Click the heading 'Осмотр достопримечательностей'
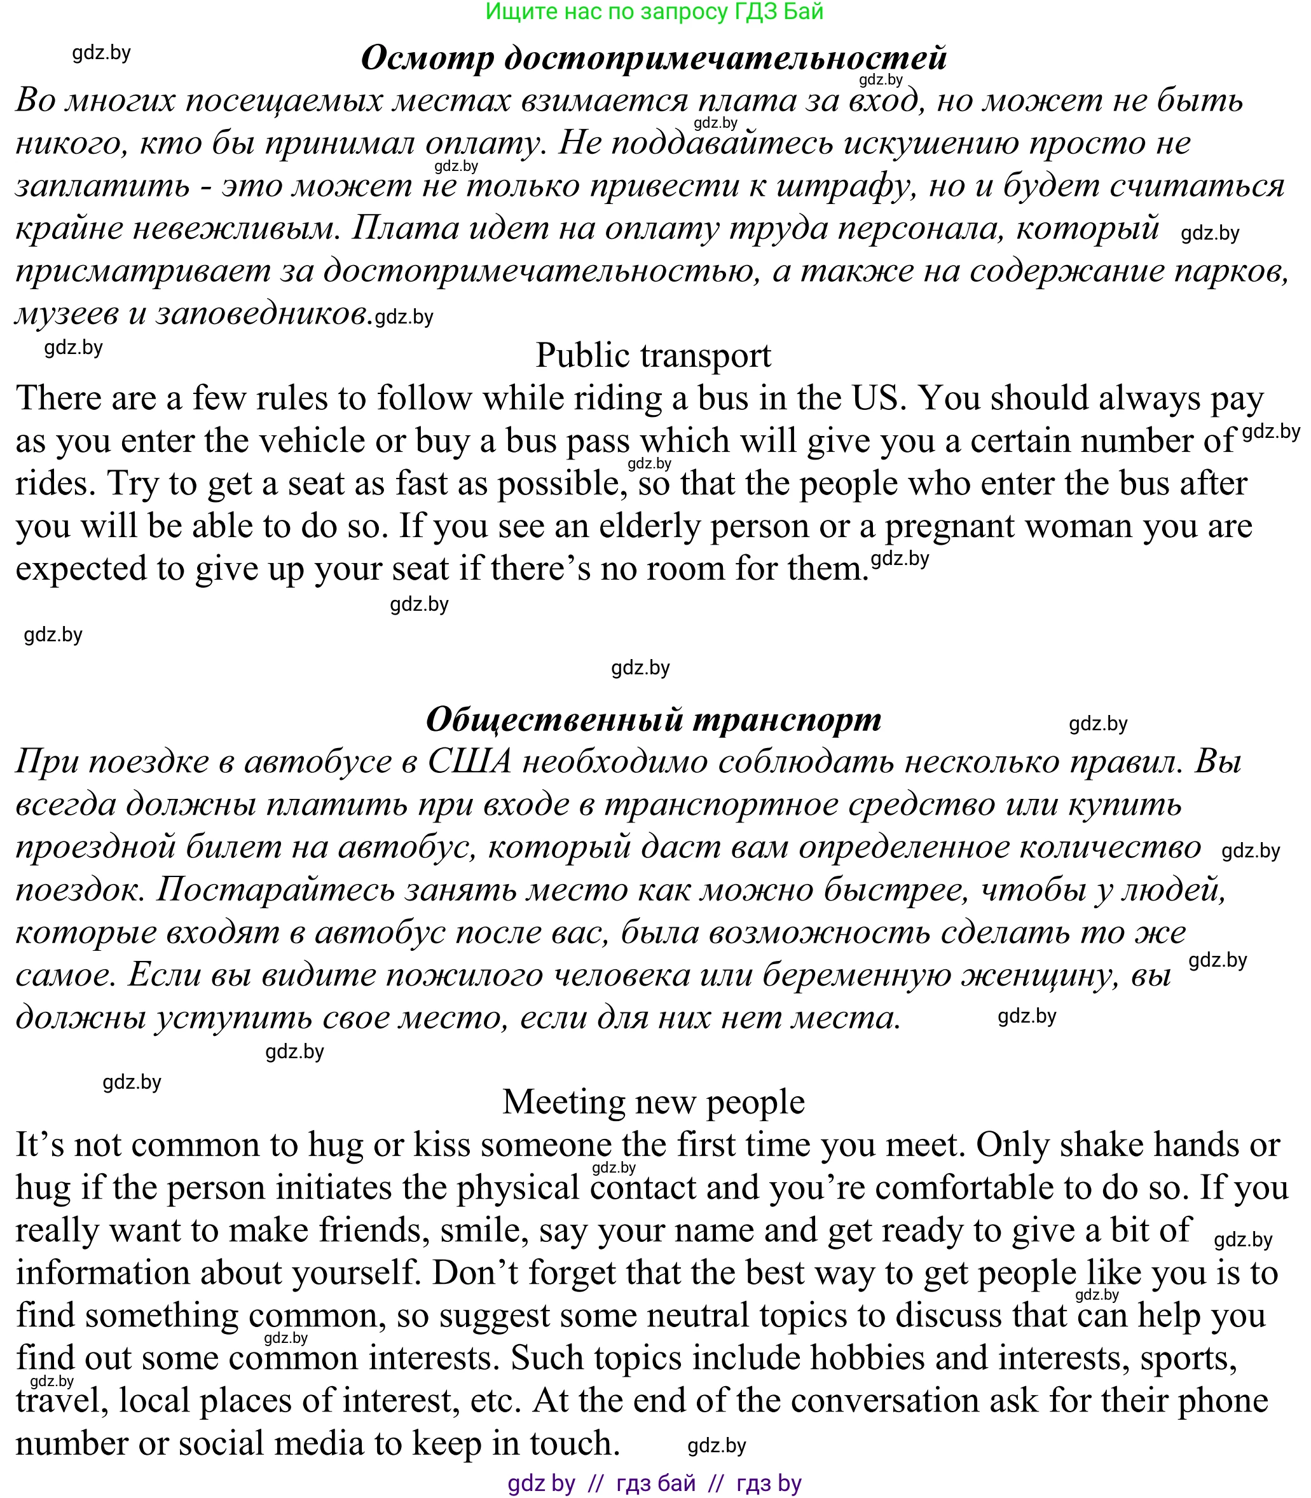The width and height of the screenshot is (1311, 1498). [x=654, y=58]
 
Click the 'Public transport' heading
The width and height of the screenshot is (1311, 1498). [x=654, y=355]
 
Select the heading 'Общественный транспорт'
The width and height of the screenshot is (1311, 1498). [x=654, y=719]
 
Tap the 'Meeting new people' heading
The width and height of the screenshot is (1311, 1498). [x=654, y=1101]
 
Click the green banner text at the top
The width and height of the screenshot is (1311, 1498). [x=654, y=11]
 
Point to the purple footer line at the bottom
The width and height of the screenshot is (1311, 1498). [x=654, y=1483]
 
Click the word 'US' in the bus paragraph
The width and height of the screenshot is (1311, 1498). [x=874, y=398]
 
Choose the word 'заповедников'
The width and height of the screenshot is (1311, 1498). [x=261, y=315]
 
